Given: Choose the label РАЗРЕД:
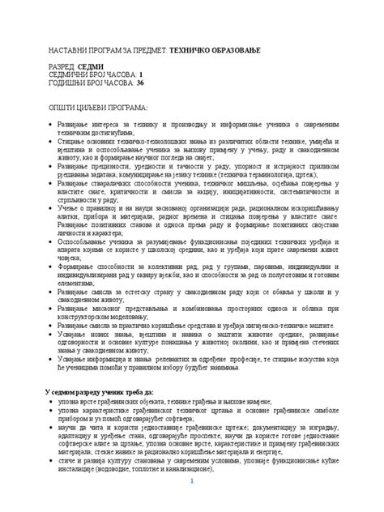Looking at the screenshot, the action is pos(67,70).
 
